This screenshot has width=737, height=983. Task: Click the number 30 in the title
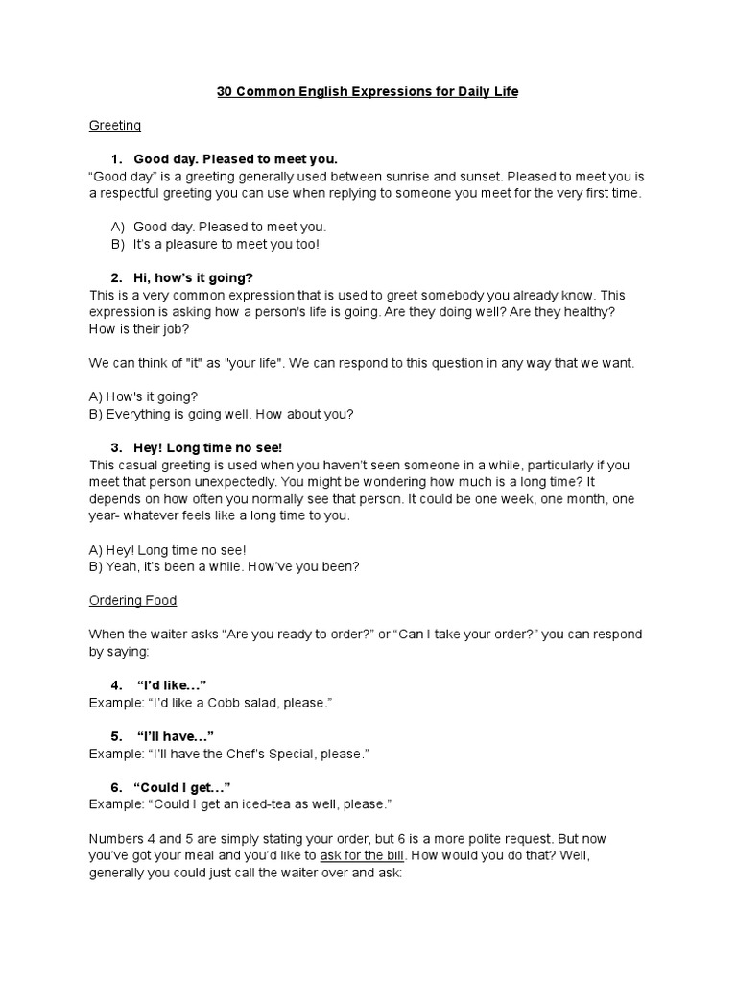pos(226,91)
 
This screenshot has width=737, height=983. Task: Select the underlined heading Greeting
pos(115,125)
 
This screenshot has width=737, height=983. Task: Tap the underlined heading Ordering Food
pos(132,600)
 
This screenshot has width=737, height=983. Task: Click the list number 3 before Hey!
pos(116,447)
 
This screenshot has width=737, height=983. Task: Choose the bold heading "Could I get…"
pos(182,786)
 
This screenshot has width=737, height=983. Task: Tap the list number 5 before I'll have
pos(116,736)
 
